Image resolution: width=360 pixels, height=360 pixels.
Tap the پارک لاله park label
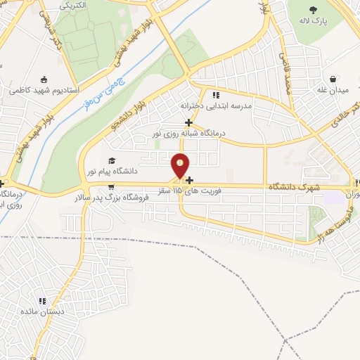(312, 21)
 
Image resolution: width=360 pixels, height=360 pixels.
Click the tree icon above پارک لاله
(313, 9)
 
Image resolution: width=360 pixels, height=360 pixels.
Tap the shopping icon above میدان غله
(333, 79)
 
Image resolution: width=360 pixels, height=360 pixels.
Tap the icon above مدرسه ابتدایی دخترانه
(216, 94)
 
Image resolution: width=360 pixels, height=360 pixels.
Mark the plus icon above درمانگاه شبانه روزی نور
(188, 122)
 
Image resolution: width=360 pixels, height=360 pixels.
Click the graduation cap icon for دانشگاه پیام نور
(112, 161)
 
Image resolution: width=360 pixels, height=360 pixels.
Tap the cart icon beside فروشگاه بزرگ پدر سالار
(112, 186)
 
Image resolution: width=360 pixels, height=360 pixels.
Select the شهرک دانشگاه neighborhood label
(293, 186)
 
